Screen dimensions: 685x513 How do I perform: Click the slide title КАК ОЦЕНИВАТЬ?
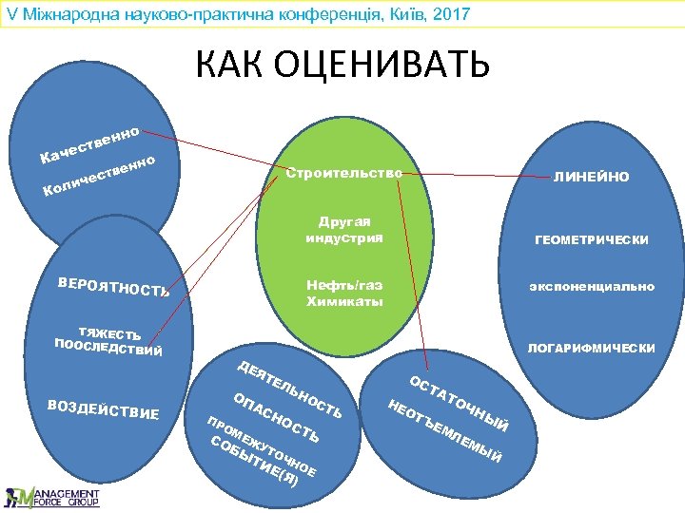coord(342,64)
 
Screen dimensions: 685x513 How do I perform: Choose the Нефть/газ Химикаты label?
coord(344,293)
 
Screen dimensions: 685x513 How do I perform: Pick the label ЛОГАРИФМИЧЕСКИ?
coord(591,349)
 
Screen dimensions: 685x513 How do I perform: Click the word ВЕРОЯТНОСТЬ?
coord(113,285)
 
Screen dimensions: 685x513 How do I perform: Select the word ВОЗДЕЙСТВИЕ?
coord(103,409)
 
